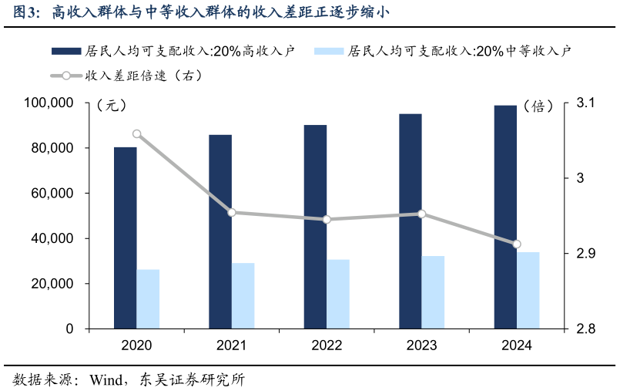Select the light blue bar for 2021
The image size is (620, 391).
click(x=243, y=296)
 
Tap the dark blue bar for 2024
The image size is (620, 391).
click(x=505, y=217)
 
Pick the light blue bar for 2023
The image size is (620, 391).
click(x=433, y=292)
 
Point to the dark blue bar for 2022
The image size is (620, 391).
click(x=315, y=227)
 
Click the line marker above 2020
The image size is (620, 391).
click(x=137, y=134)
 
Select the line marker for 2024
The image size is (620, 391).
click(x=517, y=244)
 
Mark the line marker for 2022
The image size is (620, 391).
click(x=327, y=219)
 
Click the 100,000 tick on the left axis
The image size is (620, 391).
click(x=49, y=103)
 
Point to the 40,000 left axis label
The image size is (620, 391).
click(x=52, y=239)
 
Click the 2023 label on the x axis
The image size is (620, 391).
click(x=421, y=345)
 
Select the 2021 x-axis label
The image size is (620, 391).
click(x=231, y=345)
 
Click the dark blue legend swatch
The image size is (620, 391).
click(x=66, y=51)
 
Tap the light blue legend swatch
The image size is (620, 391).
click(x=329, y=51)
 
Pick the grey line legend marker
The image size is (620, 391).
click(x=66, y=76)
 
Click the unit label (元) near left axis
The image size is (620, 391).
click(x=112, y=106)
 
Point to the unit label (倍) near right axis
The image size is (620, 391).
click(x=538, y=106)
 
